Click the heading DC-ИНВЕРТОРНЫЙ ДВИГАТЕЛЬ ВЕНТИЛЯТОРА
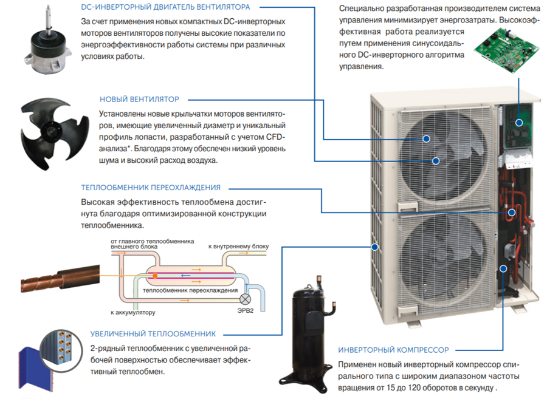click(165, 7)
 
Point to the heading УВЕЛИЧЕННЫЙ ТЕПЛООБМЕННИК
click(153, 333)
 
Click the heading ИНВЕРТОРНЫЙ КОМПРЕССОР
click(393, 350)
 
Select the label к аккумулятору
click(133, 313)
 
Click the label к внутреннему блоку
click(238, 247)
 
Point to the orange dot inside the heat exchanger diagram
click(156, 276)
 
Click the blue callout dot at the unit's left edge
click(375, 247)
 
